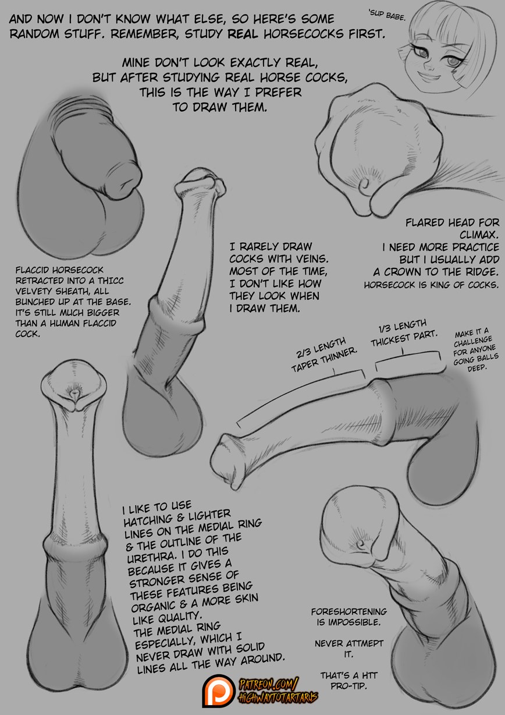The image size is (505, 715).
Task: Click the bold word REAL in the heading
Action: pyautogui.click(x=243, y=34)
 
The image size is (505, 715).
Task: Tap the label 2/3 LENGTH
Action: pyautogui.click(x=321, y=348)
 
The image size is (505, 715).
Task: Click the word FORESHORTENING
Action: pyautogui.click(x=348, y=611)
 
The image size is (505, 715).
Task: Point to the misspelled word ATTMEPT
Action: pyautogui.click(x=365, y=643)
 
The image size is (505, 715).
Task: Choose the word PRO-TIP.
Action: pyautogui.click(x=348, y=686)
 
